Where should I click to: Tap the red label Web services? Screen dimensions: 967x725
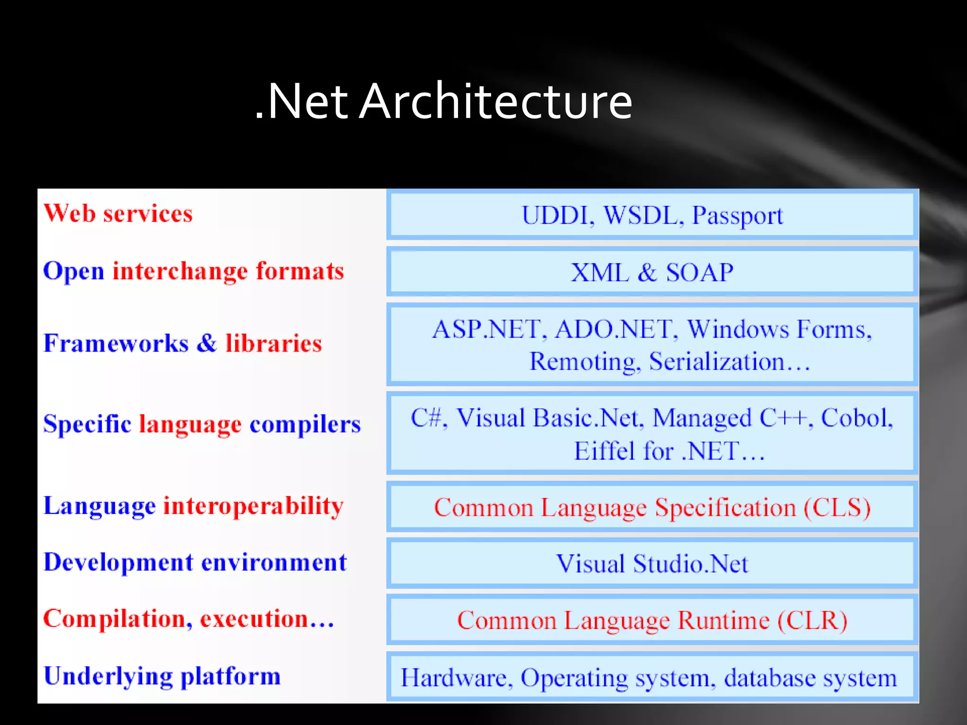click(x=118, y=213)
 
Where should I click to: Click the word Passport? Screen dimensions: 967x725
click(x=738, y=216)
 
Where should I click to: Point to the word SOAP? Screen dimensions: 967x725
click(x=700, y=273)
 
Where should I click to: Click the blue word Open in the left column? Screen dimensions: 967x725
click(x=74, y=272)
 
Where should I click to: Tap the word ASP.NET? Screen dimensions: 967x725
click(x=486, y=329)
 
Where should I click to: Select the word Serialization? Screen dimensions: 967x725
click(x=717, y=362)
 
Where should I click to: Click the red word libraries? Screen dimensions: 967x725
click(x=273, y=343)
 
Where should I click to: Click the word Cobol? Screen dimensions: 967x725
click(x=856, y=418)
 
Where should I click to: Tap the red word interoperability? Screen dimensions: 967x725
click(x=253, y=506)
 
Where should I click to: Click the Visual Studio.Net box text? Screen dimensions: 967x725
click(x=652, y=564)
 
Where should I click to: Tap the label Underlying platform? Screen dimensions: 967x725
click(x=162, y=676)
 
